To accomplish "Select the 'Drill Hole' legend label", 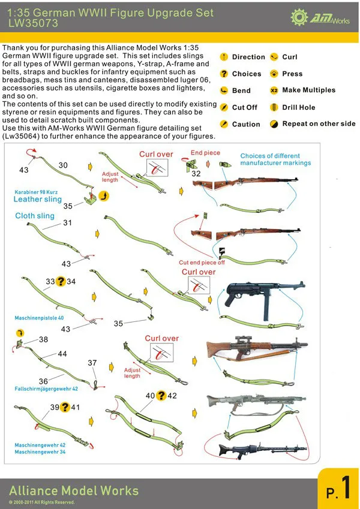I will tap(298, 107).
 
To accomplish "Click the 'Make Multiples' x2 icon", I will tap(274, 91).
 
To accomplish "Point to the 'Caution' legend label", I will tap(246, 124).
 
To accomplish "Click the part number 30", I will tap(63, 165).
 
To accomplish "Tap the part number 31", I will tap(67, 222).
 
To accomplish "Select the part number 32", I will tap(196, 173).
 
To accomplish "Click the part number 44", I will tap(62, 354).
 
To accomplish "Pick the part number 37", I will tap(92, 363).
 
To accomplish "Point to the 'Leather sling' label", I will tap(37, 199).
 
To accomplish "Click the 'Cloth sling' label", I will tap(35, 216).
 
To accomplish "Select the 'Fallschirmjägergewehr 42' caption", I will tap(46, 389).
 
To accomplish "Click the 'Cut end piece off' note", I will tap(202, 262).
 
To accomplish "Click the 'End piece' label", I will tap(205, 153).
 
